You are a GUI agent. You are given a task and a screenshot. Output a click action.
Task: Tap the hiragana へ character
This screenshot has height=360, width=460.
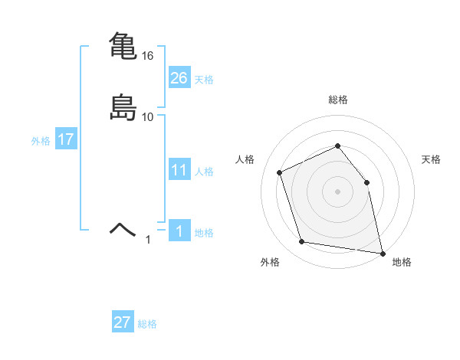pos(123,227)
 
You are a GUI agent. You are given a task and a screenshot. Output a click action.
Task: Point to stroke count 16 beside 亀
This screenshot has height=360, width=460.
pos(148,56)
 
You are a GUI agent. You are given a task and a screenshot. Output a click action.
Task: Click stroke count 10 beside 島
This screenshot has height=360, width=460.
pos(148,117)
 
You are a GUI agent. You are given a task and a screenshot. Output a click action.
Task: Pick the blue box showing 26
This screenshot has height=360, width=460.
pos(179,78)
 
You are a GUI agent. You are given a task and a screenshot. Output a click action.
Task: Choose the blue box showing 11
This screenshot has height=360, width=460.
pos(179,170)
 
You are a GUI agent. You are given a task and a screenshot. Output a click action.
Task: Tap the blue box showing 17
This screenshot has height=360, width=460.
pos(65,140)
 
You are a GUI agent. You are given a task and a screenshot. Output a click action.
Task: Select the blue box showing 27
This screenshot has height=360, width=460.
pos(123,322)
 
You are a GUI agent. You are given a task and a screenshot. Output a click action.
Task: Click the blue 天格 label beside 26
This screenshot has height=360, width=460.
pos(204,80)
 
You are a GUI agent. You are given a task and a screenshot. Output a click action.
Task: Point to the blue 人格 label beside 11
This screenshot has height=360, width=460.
pos(204,172)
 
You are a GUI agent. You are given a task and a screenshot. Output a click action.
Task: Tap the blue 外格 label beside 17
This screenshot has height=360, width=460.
pos(41,141)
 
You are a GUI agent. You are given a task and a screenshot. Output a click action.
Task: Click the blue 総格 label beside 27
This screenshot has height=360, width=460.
pos(147,324)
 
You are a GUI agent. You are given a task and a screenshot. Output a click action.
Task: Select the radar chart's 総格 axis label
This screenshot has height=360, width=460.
pos(337,100)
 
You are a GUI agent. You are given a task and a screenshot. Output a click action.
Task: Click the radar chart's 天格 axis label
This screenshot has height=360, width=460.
pos(431,159)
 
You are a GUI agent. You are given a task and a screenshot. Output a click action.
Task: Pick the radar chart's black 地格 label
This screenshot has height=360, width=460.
pos(402,262)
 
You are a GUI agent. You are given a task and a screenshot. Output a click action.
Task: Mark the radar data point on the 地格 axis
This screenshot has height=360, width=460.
pos(381,252)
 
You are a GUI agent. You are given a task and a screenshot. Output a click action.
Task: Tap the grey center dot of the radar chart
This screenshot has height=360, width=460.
pos(337,191)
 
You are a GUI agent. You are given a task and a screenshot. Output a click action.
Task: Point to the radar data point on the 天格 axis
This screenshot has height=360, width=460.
pos(366,182)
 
